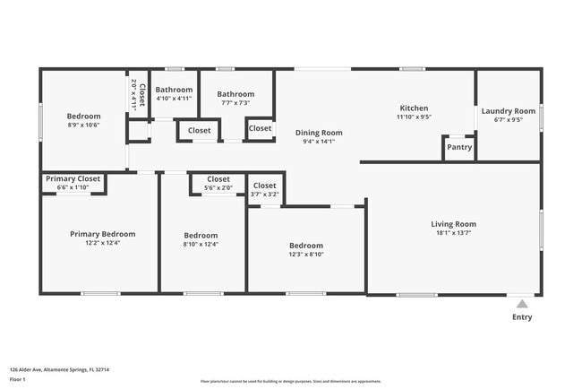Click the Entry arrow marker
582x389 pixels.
click(x=522, y=304)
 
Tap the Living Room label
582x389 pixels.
click(x=453, y=224)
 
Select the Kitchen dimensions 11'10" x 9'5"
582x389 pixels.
click(x=414, y=117)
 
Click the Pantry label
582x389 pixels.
click(x=459, y=147)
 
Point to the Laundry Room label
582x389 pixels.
click(x=508, y=111)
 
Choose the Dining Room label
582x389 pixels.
click(x=319, y=133)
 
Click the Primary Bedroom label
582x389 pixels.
click(x=102, y=234)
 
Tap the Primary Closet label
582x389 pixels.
click(x=73, y=178)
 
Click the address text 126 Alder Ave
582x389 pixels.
click(x=59, y=369)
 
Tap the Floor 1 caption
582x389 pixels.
click(x=18, y=379)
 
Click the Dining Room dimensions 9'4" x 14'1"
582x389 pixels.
click(x=319, y=141)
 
